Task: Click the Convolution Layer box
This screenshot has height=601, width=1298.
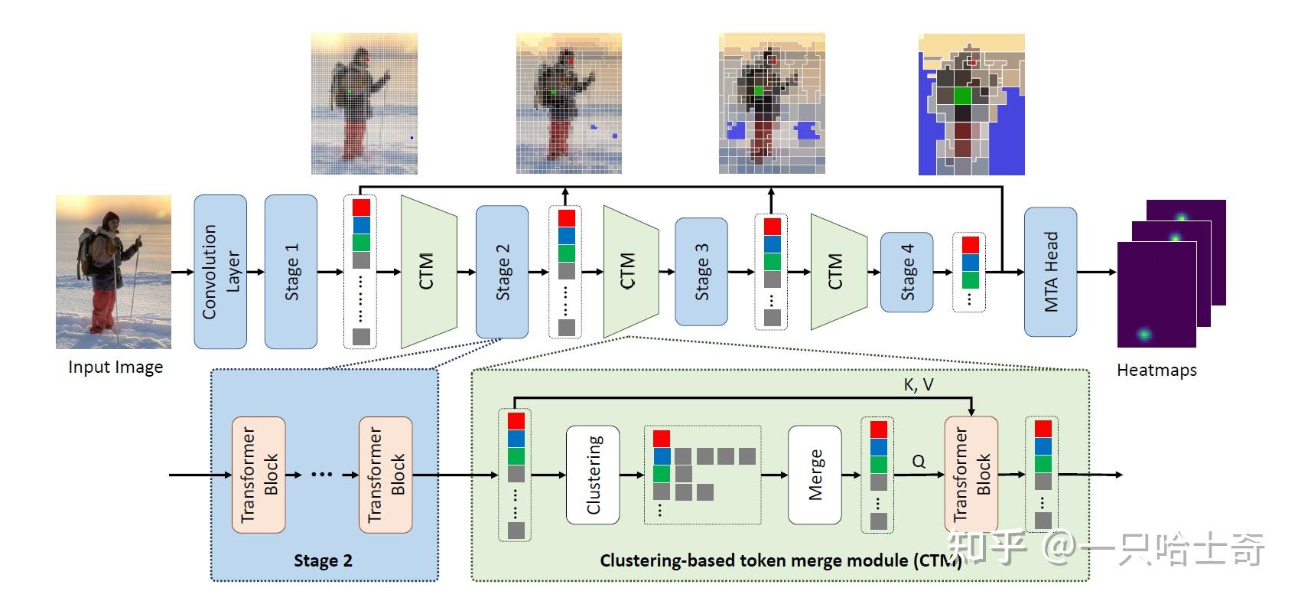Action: point(220,272)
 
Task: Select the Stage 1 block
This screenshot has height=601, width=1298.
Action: point(291,272)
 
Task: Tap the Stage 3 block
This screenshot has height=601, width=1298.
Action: point(701,272)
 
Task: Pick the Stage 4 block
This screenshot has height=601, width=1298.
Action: point(906,272)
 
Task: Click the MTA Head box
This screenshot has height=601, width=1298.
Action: point(1050,272)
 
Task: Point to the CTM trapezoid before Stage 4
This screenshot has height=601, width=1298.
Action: point(837,272)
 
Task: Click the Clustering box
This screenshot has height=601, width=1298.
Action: point(593,475)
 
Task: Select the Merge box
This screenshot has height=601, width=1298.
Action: point(815,475)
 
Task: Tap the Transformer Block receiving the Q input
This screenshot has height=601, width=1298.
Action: point(971,475)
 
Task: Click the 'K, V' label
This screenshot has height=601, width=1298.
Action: point(918,385)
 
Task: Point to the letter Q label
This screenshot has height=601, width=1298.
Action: point(919,461)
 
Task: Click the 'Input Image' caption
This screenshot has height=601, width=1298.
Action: point(115,367)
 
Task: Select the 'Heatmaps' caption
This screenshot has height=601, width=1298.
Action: point(1156,371)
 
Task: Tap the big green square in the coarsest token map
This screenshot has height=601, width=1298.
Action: point(962,96)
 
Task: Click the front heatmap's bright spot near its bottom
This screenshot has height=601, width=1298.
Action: point(1143,335)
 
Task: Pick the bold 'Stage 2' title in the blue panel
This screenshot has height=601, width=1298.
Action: point(323,560)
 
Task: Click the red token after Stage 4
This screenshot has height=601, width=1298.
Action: point(970,245)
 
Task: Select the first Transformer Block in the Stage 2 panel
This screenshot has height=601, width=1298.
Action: point(259,475)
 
